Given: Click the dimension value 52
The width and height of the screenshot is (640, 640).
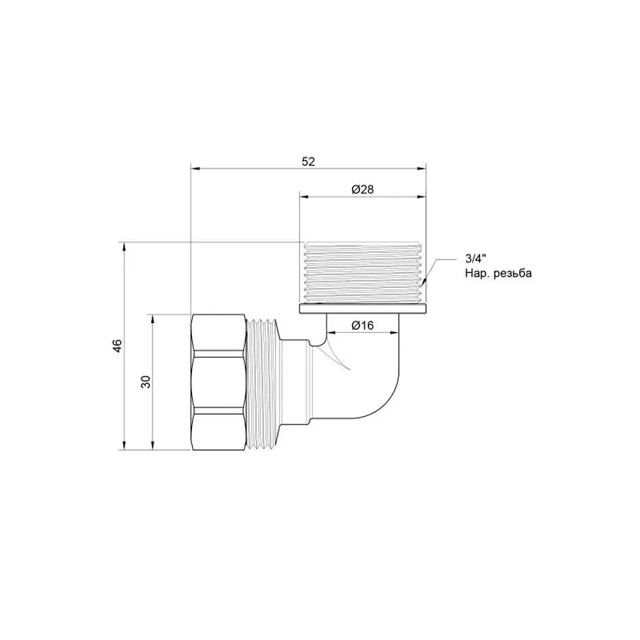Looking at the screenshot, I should tap(307, 161).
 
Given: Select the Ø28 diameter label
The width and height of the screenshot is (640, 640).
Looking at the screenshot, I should tap(363, 190).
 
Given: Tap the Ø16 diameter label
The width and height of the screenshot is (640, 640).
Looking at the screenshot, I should tap(363, 325).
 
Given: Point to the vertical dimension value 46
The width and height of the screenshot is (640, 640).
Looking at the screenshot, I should tap(118, 346).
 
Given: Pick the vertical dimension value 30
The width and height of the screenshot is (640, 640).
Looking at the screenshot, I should tap(146, 382).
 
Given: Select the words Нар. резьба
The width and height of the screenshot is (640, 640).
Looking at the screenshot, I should tap(498, 274).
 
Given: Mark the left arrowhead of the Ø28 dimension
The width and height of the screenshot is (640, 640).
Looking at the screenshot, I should tap(302, 197).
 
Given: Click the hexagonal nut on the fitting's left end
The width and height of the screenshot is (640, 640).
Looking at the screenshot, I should tap(219, 382).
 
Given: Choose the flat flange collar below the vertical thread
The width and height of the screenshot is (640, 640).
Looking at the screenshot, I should tap(363, 309).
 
